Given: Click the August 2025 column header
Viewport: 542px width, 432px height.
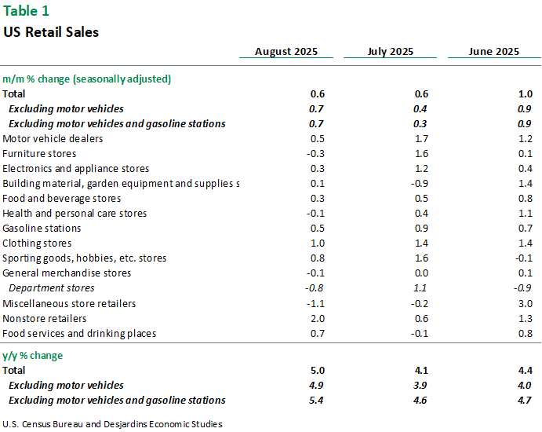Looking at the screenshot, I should coord(286,52).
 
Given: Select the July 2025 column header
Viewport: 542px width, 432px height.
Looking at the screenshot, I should coord(391,52).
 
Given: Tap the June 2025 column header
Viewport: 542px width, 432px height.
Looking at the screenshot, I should coord(493,52).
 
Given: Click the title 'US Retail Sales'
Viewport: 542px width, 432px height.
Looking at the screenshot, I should coord(51,32).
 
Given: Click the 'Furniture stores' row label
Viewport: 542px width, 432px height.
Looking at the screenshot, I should coord(39,154).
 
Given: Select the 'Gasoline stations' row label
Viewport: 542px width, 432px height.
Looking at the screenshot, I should coord(42,229).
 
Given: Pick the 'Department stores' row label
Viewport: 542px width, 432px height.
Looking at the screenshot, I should coord(52,288).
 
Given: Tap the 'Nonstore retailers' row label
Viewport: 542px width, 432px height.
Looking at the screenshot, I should coord(45,318).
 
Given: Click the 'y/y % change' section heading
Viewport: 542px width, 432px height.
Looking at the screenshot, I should coord(33,356).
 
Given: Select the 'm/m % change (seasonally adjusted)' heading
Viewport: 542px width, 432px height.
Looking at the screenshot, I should coord(87,79).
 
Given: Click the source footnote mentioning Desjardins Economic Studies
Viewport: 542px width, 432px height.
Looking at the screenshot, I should coord(112,424).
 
